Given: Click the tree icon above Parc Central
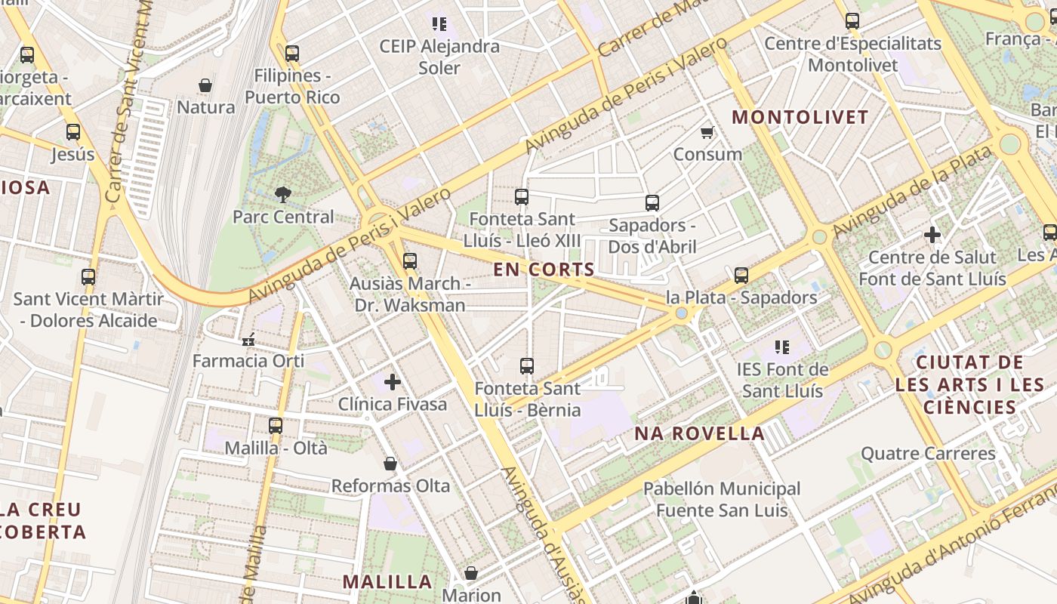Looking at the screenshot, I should point(283,195).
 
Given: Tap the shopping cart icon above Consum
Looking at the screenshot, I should point(707,133).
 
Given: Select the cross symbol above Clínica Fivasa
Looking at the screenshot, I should point(393,382).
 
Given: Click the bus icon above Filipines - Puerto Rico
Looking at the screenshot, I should point(292,54).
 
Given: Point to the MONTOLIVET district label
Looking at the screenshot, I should point(800,118).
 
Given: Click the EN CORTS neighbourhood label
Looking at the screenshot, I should point(544,270).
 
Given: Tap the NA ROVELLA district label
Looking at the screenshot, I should point(699,433).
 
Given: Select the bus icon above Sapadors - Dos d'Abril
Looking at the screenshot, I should point(652,203).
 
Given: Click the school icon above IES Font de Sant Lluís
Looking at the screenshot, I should point(782,347).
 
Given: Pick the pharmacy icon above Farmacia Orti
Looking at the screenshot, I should point(248,340).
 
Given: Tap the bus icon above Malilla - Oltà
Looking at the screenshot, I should point(276,426).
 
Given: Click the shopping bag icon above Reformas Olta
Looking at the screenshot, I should point(390,464).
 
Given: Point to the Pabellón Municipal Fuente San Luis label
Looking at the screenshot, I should point(722,500).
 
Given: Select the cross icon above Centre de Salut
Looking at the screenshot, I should point(932,235).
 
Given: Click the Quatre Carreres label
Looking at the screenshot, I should point(928,454).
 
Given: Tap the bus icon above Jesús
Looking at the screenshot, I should point(73,132).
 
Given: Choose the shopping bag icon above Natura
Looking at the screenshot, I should point(205,85).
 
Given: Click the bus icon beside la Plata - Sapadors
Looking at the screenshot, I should point(741,276).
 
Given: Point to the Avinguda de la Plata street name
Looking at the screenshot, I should point(912,190).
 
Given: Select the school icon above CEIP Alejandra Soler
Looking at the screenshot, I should point(439,24).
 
